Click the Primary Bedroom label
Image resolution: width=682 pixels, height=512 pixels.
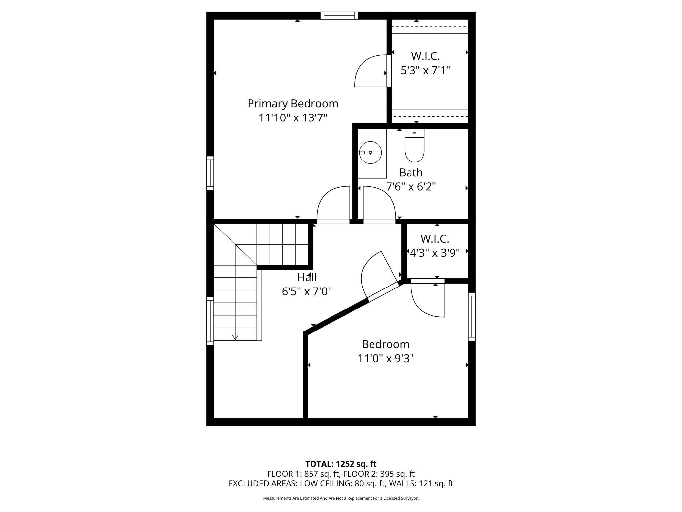(x=293, y=104)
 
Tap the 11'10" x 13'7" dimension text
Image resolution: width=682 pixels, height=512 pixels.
(x=293, y=117)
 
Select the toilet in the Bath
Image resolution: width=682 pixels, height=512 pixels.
(x=414, y=145)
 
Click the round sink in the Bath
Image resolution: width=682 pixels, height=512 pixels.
(x=371, y=153)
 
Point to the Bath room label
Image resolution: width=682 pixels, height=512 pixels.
(x=411, y=172)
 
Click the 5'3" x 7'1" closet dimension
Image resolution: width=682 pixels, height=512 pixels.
(x=426, y=70)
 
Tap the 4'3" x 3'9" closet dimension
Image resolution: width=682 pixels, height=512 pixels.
(x=435, y=252)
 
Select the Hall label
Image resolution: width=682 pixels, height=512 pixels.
(x=307, y=277)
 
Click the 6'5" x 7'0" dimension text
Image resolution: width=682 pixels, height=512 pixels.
(x=307, y=291)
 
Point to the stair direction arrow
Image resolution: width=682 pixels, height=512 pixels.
(x=235, y=337)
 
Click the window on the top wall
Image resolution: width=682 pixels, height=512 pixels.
(x=339, y=15)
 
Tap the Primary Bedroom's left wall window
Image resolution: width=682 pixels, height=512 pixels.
(x=210, y=173)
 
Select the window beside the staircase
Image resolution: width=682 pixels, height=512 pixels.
(x=210, y=321)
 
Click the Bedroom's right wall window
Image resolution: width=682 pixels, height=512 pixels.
(x=471, y=316)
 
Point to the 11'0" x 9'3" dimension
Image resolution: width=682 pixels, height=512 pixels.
(x=386, y=358)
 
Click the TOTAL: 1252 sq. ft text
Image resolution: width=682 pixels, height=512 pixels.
(x=341, y=464)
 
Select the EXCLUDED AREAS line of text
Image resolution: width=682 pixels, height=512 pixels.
(x=341, y=483)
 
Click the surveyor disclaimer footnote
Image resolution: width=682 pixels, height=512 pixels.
(x=341, y=498)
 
